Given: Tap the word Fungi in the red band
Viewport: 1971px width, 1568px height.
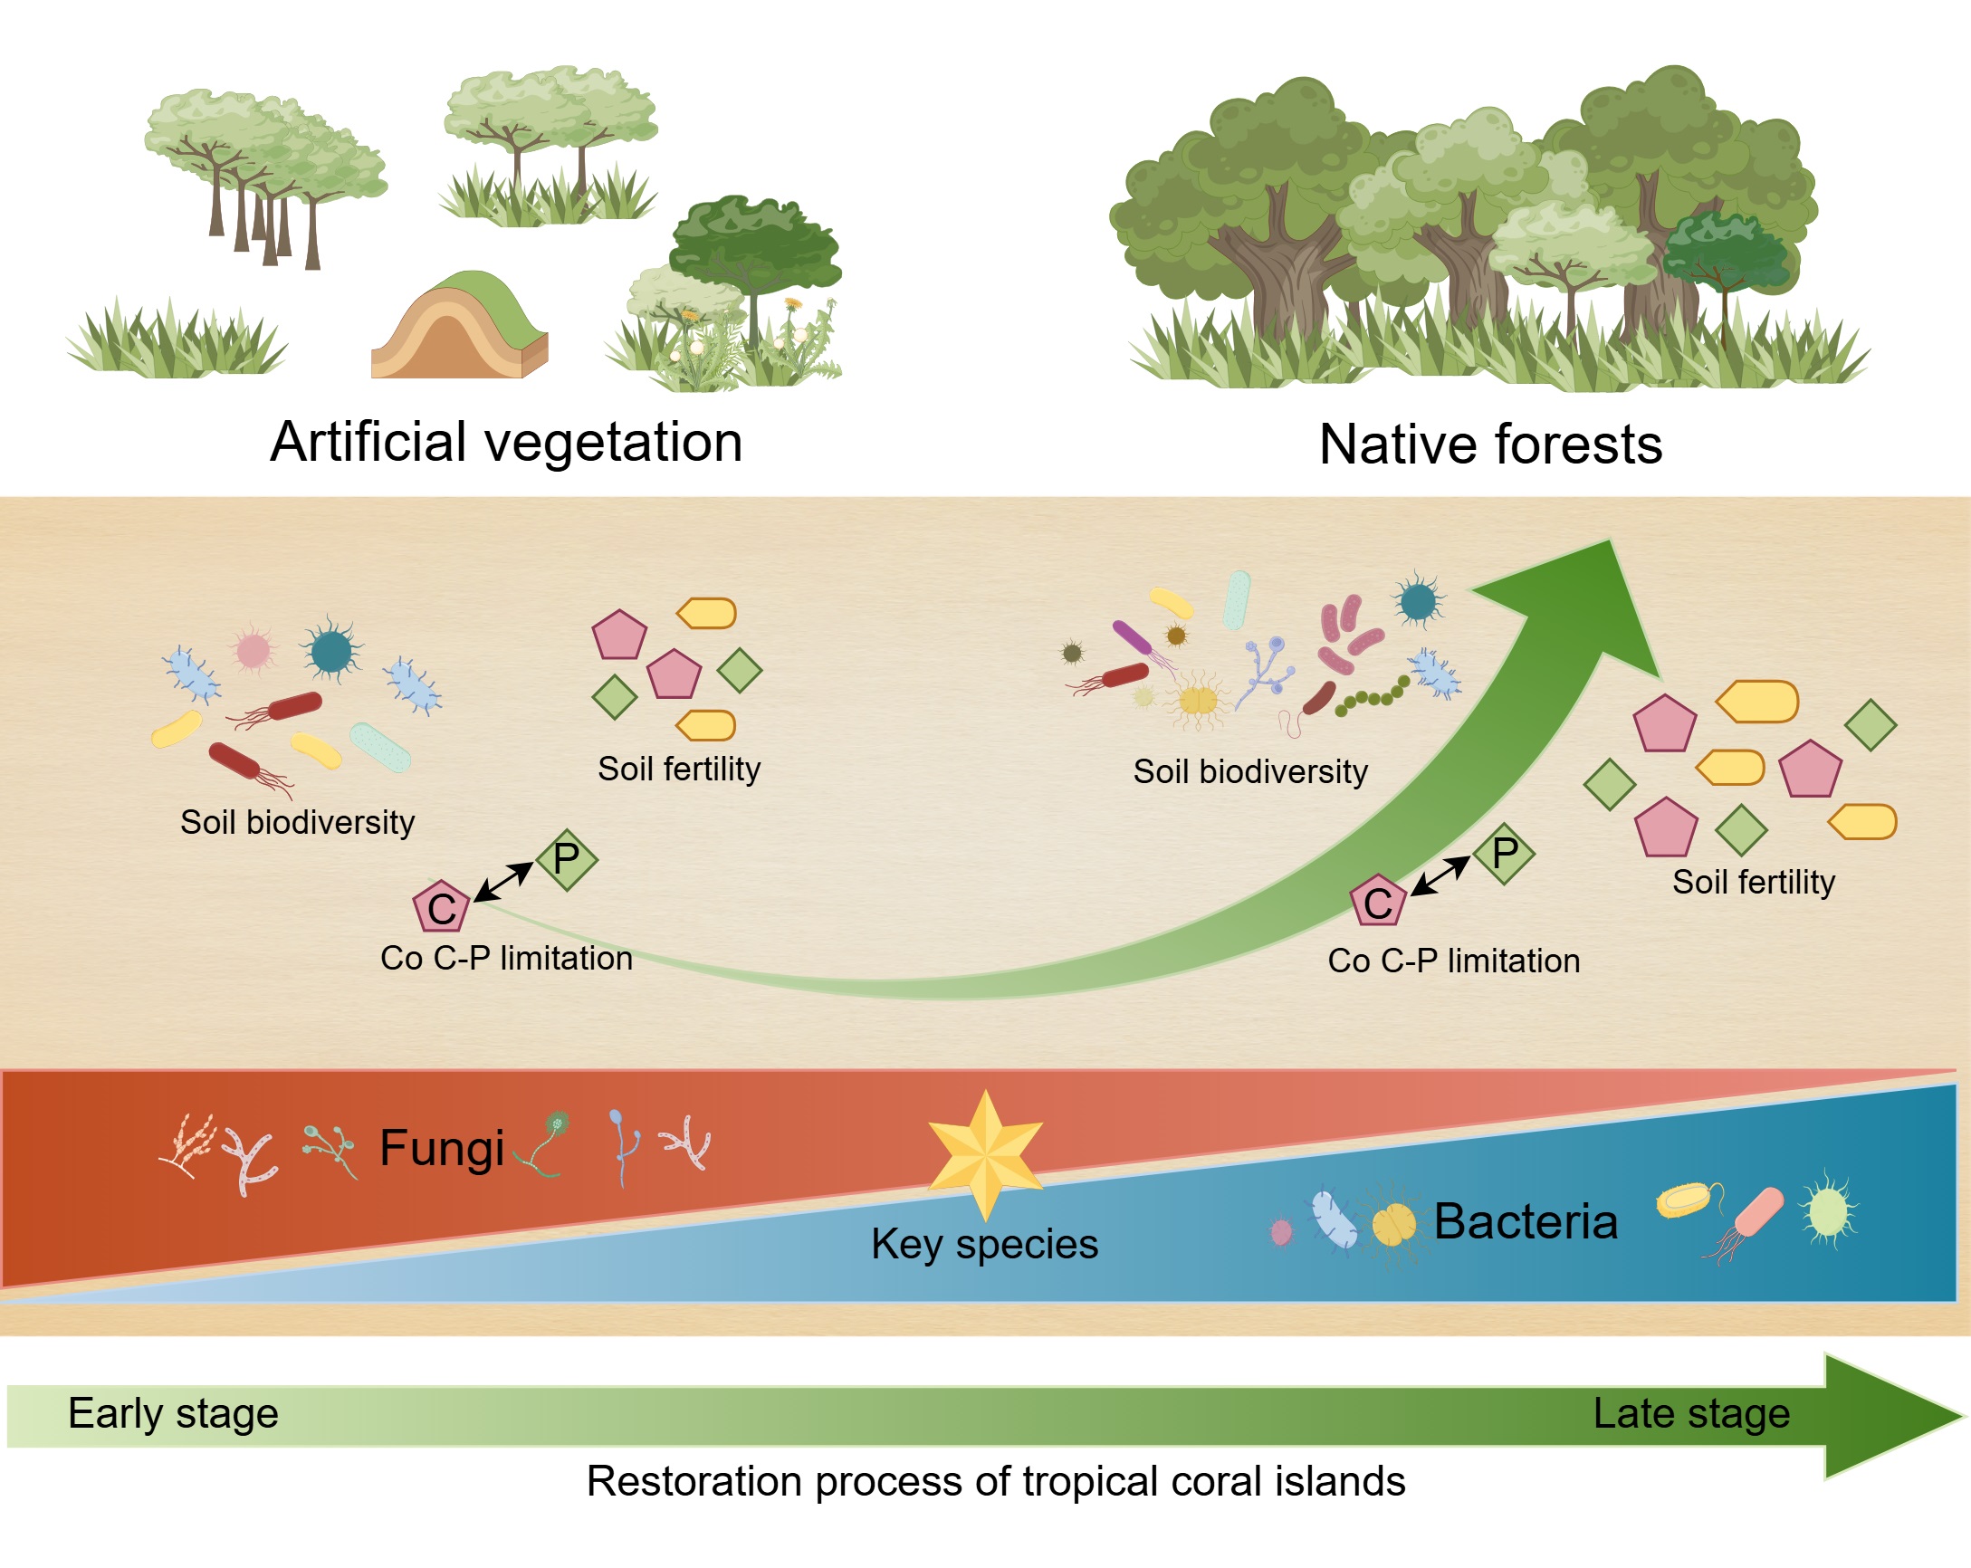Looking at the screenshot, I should point(442,1148).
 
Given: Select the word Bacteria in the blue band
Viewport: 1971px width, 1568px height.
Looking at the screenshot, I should point(1526,1221).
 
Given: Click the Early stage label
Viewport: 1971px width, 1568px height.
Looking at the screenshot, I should point(173,1413).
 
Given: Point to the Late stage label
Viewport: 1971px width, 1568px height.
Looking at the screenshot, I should point(1691,1413).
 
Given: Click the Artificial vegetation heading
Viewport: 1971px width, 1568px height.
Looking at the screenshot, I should point(505,443).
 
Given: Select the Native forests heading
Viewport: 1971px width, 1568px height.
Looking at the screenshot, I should point(1490,445).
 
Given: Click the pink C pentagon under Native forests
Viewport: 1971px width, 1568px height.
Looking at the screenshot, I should point(1378,902).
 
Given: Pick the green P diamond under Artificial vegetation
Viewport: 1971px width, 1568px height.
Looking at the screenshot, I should point(566,859).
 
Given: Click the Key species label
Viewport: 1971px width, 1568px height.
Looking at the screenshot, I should point(984,1244).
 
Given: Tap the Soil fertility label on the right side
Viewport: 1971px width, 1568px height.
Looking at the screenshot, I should point(1754,883).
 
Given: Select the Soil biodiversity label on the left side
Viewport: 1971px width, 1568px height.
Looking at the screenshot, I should point(297,823).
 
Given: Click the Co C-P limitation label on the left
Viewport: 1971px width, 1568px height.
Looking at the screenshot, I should point(506,958).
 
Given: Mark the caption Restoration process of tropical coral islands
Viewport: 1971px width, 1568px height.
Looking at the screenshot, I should point(996,1481).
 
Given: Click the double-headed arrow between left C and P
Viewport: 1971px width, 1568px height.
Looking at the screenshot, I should point(503,882).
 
